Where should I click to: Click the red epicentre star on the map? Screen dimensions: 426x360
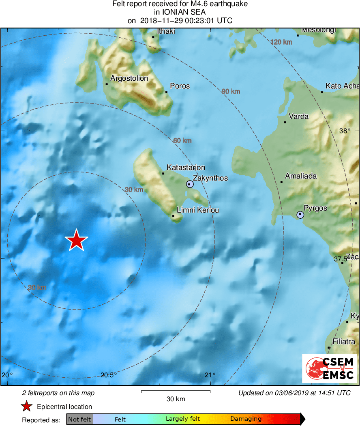[76, 240]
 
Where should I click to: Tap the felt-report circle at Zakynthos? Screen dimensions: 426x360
[190, 184]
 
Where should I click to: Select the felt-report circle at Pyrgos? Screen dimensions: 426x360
[300, 215]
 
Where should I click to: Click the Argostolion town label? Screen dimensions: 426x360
[129, 78]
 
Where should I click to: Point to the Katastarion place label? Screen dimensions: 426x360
[186, 168]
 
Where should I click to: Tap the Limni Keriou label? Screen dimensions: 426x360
[198, 210]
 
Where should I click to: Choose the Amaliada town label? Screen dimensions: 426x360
[301, 176]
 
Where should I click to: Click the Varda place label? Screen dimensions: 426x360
[298, 116]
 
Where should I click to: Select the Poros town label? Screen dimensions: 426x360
[180, 86]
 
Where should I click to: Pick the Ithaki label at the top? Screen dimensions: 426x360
[166, 31]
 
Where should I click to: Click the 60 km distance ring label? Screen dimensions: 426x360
[182, 141]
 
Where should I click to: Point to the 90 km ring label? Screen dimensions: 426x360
[231, 92]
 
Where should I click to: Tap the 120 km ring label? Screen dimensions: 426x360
[281, 42]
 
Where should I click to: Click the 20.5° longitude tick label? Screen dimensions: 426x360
[109, 375]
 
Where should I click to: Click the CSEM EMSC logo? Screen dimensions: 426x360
[329, 368]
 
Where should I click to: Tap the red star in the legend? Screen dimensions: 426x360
[27, 407]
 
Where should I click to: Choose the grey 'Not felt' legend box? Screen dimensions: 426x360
[79, 419]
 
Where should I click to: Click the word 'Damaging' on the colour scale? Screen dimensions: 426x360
[246, 419]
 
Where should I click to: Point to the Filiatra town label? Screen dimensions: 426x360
[343, 342]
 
